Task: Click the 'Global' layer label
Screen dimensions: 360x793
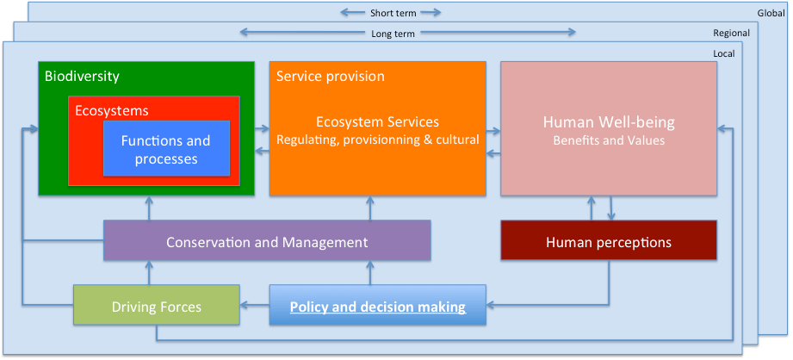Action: (x=771, y=12)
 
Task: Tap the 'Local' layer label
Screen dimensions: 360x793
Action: (x=723, y=53)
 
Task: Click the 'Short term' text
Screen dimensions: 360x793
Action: (x=393, y=12)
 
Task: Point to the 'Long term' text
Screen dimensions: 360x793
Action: (x=393, y=33)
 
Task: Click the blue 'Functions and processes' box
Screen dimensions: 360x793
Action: (x=165, y=150)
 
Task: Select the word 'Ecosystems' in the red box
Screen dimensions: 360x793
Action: (x=111, y=111)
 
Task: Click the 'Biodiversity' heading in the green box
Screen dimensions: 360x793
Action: (x=82, y=76)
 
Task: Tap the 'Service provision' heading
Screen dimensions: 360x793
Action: (x=330, y=76)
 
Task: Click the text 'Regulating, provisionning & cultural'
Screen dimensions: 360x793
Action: (x=377, y=140)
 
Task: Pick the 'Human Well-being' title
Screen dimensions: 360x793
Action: (x=609, y=122)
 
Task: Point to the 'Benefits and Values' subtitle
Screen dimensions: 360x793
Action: (x=609, y=140)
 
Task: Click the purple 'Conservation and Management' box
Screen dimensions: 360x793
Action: (x=267, y=242)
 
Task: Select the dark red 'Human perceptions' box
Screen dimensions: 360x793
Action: (x=609, y=242)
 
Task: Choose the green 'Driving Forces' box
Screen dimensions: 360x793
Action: (x=156, y=306)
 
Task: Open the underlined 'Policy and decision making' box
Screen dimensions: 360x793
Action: (x=377, y=306)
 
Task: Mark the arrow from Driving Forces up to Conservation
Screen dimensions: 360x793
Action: (x=149, y=273)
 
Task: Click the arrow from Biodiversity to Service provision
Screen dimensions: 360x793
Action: (x=262, y=130)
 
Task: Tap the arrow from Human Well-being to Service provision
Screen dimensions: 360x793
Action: (x=493, y=153)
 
